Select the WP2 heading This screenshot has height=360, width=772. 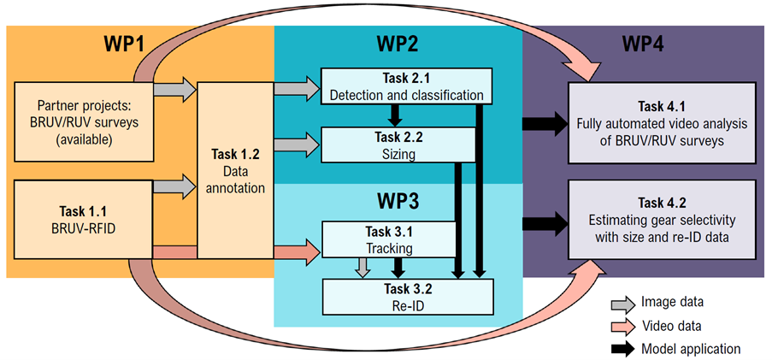pyautogui.click(x=399, y=44)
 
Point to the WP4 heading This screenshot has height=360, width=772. pyautogui.click(x=640, y=44)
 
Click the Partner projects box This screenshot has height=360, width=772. pyautogui.click(x=83, y=121)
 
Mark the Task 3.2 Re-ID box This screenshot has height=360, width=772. pyautogui.click(x=408, y=295)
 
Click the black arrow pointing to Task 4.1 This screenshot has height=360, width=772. pyautogui.click(x=546, y=124)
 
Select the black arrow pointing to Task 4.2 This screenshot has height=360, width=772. pyautogui.click(x=546, y=224)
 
